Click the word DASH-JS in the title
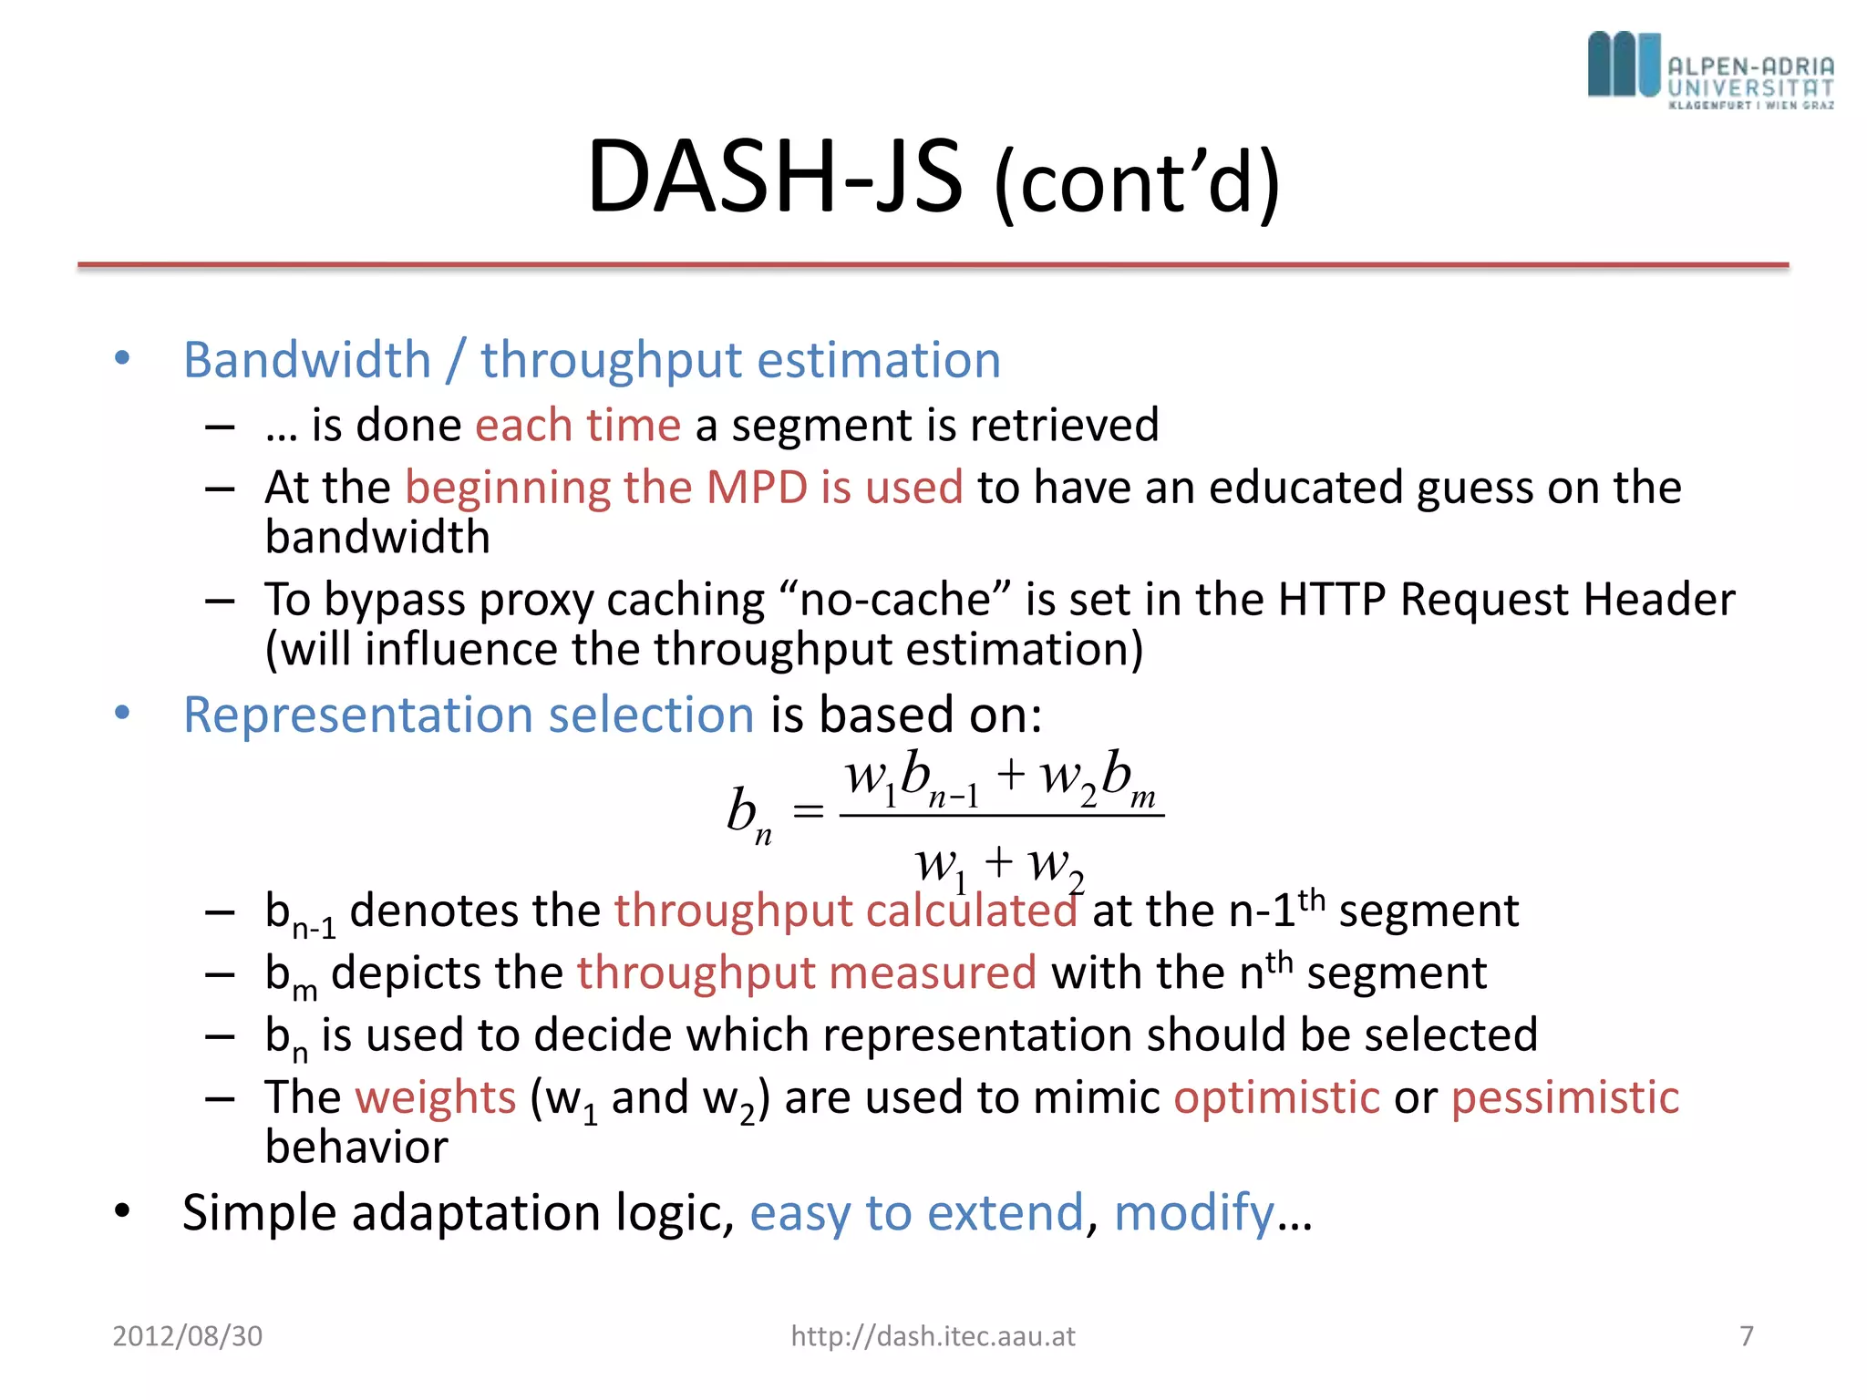tap(774, 176)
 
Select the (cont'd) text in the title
tap(1137, 183)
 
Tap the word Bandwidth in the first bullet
tap(306, 359)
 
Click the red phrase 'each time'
tap(577, 425)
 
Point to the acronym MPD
tap(756, 487)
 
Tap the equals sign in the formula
tap(808, 810)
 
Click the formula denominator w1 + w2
tap(1000, 863)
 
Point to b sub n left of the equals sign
tap(748, 813)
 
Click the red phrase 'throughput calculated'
tap(845, 911)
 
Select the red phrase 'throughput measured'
tap(806, 973)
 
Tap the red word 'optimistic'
tap(1276, 1096)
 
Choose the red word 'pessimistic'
tap(1564, 1096)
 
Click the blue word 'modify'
tap(1193, 1213)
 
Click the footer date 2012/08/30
tap(187, 1336)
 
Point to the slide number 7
tap(1746, 1336)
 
